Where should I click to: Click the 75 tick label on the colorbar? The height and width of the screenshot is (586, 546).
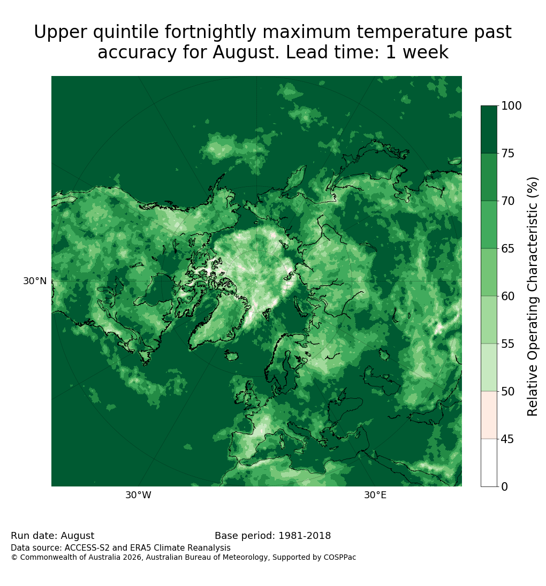[x=507, y=153]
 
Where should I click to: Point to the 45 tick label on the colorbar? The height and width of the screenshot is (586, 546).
[x=507, y=439]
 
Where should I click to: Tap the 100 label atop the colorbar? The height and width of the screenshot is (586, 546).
[x=511, y=106]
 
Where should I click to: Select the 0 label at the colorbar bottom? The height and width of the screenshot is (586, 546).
[x=505, y=486]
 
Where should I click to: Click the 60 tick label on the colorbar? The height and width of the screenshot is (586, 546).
[x=507, y=296]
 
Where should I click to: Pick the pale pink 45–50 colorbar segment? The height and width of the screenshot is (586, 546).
[x=489, y=415]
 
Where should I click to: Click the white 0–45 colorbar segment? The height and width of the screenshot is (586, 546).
[x=489, y=463]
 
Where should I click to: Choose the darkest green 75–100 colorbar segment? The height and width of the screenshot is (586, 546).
[x=489, y=130]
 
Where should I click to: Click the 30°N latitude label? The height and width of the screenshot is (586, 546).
[x=35, y=281]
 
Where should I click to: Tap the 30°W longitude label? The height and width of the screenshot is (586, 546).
[x=138, y=495]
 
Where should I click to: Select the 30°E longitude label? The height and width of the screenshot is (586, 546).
[x=375, y=495]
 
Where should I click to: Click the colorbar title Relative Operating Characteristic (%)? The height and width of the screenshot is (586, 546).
[x=532, y=296]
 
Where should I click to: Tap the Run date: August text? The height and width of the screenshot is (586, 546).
[x=52, y=536]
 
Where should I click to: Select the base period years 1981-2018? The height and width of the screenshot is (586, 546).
[x=305, y=536]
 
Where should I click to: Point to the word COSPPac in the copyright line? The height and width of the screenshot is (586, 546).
[x=339, y=558]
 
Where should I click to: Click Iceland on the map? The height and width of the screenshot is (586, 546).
[x=232, y=355]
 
